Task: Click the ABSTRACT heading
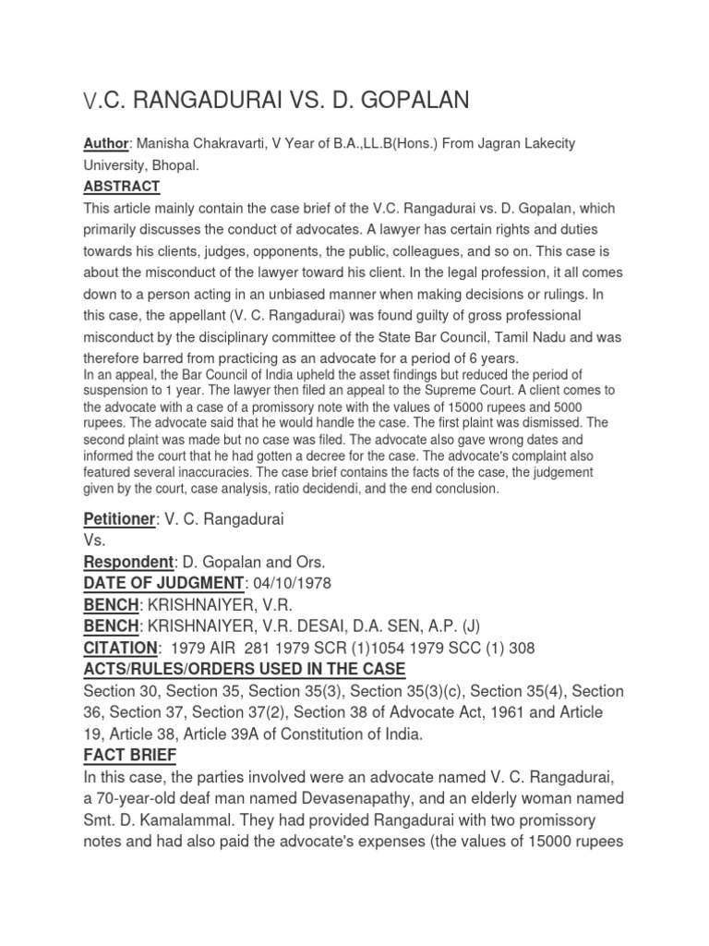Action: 121,187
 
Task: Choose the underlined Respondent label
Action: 128,563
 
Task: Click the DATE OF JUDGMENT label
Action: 164,584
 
